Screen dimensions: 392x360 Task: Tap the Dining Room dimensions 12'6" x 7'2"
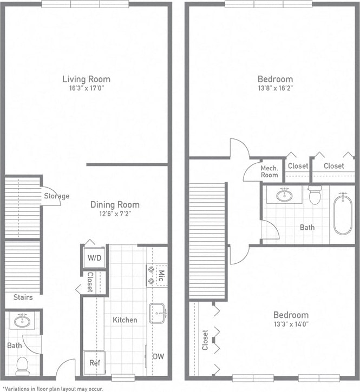point(114,214)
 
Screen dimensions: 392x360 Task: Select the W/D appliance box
point(94,258)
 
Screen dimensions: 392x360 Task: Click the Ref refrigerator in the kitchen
point(94,363)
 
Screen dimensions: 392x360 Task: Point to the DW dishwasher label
point(158,356)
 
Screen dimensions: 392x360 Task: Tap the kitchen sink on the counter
point(157,313)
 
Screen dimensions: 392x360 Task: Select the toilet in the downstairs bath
point(22,367)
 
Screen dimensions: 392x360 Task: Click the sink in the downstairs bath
point(22,321)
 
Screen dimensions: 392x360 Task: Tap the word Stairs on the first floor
point(23,297)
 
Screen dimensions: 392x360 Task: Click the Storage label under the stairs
point(56,196)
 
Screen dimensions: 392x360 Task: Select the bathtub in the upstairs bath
point(342,215)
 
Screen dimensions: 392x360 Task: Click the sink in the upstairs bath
point(284,195)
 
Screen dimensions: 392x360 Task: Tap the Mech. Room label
point(269,171)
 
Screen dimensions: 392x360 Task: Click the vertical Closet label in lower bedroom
point(205,340)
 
